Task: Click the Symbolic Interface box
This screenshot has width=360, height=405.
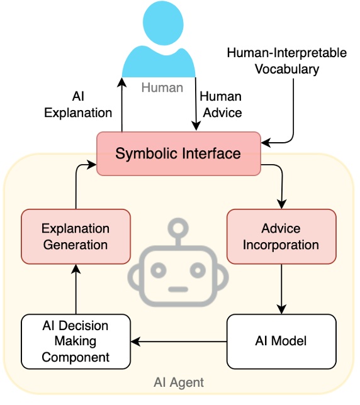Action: click(x=178, y=153)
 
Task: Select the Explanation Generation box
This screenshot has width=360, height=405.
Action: click(x=76, y=236)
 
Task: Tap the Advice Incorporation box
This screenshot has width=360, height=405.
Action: click(x=281, y=236)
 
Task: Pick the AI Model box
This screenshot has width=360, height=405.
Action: click(x=281, y=341)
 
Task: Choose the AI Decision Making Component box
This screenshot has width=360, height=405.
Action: click(x=76, y=341)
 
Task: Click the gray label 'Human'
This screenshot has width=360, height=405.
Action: click(x=162, y=87)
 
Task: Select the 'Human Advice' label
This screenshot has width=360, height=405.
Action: click(x=220, y=105)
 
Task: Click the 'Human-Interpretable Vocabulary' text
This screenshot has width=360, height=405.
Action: click(x=286, y=61)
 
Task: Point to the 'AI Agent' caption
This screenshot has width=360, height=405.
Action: click(x=179, y=382)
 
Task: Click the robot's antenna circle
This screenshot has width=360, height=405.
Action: click(x=179, y=226)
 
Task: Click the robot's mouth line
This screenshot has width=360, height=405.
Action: click(x=179, y=290)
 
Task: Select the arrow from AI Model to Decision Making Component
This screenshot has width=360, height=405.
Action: click(x=179, y=342)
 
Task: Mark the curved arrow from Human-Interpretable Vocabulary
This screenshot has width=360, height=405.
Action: click(x=291, y=119)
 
